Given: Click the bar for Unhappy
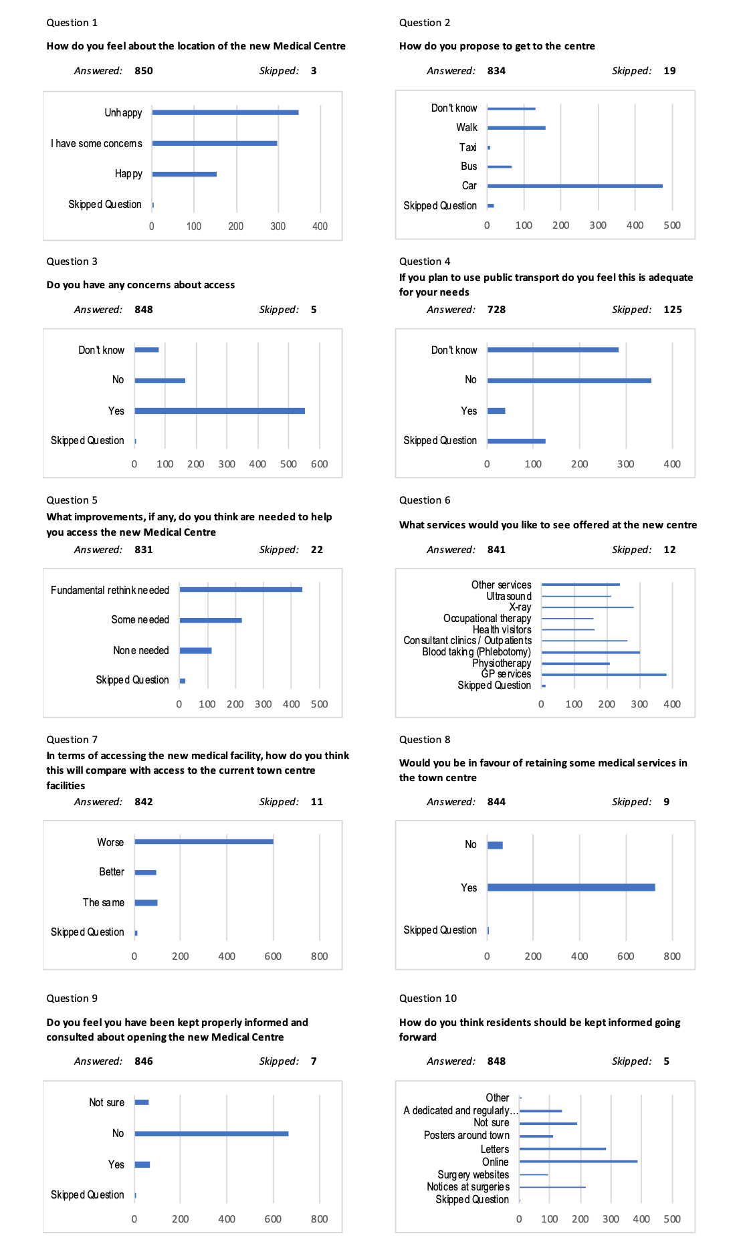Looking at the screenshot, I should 225,112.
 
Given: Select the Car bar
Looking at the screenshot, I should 574,186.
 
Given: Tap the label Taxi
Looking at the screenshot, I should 467,147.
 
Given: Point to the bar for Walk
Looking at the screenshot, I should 516,128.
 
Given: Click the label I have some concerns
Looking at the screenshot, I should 96,143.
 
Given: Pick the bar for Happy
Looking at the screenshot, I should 184,174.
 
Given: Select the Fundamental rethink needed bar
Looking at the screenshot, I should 241,589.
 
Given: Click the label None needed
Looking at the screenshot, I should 140,650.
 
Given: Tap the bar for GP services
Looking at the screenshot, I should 603,675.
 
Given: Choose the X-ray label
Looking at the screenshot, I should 520,607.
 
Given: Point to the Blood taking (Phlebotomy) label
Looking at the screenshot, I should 476,652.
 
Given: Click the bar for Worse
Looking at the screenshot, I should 203,841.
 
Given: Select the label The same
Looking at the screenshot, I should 104,902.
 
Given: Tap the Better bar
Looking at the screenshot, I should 145,872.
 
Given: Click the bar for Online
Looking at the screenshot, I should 578,1162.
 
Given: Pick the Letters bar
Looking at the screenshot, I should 562,1149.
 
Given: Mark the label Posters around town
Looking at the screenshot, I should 466,1136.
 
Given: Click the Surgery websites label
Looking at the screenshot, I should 473,1174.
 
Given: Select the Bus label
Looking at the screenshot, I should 469,167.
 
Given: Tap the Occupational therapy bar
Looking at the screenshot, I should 567,619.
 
